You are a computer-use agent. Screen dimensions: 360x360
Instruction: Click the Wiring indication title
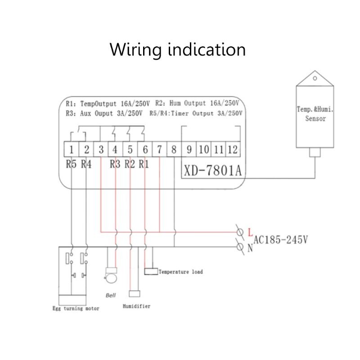[x=178, y=49]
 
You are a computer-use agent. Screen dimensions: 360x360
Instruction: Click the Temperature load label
[x=180, y=272]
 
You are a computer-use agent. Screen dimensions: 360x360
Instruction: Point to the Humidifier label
[x=136, y=306]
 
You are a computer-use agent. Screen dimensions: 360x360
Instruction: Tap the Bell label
[x=111, y=296]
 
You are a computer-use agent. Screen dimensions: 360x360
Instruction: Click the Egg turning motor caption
[x=76, y=309]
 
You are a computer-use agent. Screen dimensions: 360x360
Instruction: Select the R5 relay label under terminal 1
[x=71, y=164]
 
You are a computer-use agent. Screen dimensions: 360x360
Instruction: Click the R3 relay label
[x=115, y=164]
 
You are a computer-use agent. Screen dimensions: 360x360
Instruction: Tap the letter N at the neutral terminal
[x=250, y=248]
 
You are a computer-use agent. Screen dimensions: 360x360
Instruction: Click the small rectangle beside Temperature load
[x=151, y=272]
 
